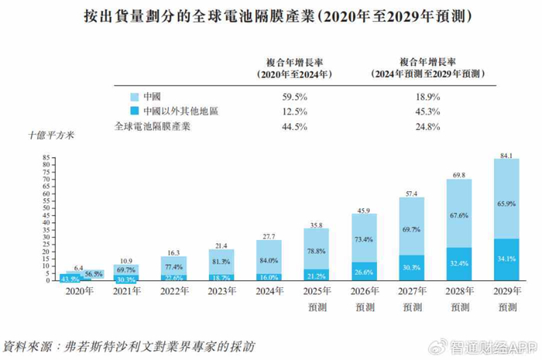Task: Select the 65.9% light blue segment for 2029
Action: pos(506,203)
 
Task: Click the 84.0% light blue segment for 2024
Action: pos(269,259)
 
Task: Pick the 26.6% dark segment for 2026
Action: pos(364,272)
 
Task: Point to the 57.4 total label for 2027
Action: pos(412,193)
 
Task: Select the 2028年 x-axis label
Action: pos(459,293)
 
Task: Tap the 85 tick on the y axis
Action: pos(46,157)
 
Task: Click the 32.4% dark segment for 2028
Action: pos(459,263)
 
